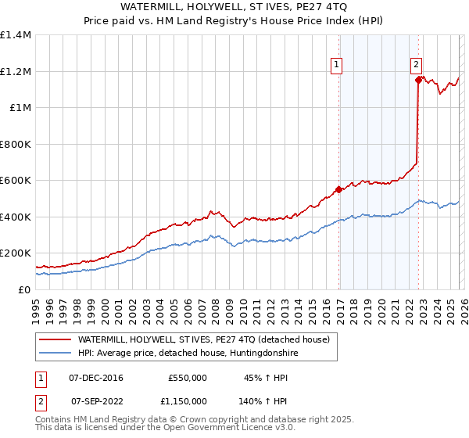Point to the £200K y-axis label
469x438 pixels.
(15, 253)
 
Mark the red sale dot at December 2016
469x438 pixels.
(338, 189)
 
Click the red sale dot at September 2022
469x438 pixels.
(418, 80)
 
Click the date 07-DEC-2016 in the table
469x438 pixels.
(97, 378)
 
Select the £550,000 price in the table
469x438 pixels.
(187, 378)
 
